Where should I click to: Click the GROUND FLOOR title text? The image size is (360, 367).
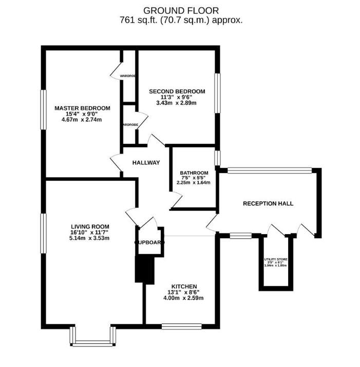[x=180, y=10]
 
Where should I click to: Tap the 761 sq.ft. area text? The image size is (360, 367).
[x=180, y=21]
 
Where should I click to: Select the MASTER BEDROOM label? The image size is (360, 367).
[x=82, y=108]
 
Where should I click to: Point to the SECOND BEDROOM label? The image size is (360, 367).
[x=177, y=91]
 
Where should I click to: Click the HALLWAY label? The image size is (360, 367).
[x=146, y=163]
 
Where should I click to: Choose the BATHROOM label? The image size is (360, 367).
[x=194, y=172]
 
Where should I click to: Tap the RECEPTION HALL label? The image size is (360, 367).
[x=268, y=203]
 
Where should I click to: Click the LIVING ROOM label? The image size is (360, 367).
[x=90, y=226]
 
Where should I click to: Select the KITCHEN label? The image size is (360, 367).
[x=184, y=286]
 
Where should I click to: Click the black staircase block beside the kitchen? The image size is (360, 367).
[x=144, y=269]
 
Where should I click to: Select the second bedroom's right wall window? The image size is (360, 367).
[x=218, y=92]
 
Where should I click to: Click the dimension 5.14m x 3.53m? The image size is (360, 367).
[x=90, y=238]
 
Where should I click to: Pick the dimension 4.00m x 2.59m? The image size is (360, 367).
[x=184, y=298]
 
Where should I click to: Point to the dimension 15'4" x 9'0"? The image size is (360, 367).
[x=82, y=114]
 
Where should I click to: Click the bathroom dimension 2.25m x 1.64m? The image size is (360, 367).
[x=194, y=182]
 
